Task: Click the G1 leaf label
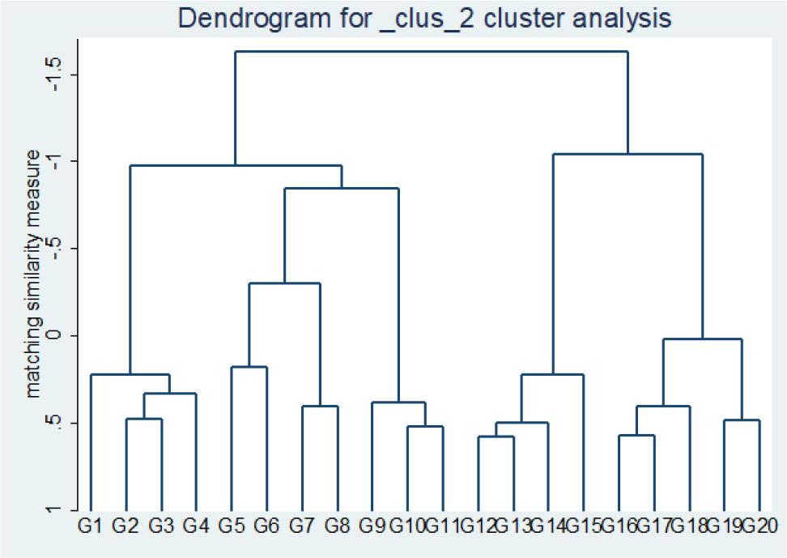(x=90, y=526)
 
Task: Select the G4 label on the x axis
(x=196, y=526)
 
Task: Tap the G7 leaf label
(x=302, y=526)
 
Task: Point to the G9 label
(x=372, y=526)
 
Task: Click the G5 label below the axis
(x=232, y=526)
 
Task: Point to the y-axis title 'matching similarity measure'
(x=33, y=273)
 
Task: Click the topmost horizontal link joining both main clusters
(x=432, y=52)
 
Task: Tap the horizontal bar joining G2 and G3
(x=143, y=419)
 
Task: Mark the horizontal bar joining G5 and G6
(x=249, y=367)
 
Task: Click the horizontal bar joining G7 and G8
(x=320, y=406)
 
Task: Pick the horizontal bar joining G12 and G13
(x=496, y=437)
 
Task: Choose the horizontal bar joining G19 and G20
(x=742, y=420)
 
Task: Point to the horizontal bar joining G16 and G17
(x=636, y=435)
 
